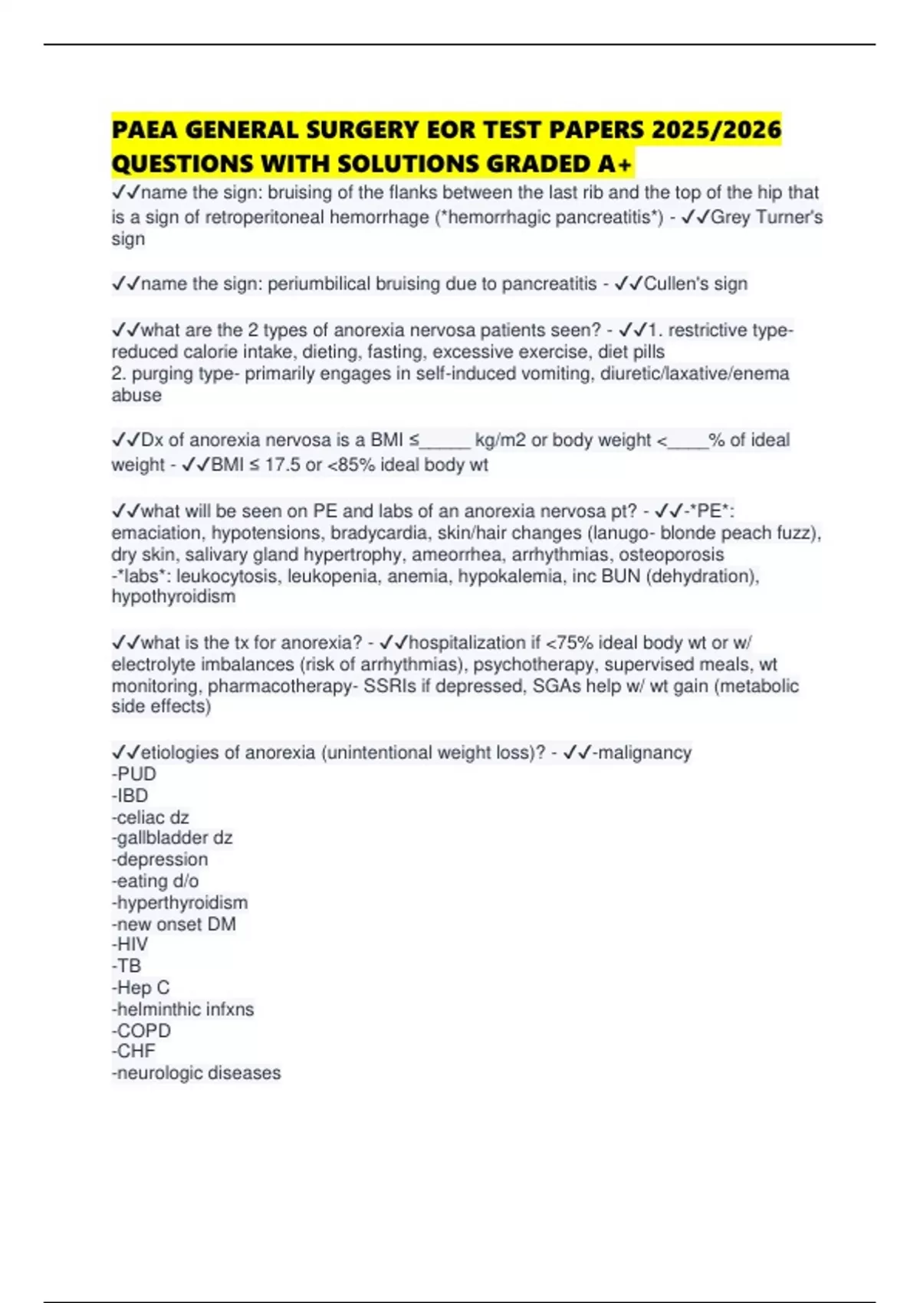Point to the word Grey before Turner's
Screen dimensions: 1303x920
pyautogui.click(x=730, y=217)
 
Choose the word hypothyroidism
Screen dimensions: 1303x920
pyautogui.click(x=173, y=596)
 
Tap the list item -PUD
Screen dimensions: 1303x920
pyautogui.click(x=134, y=774)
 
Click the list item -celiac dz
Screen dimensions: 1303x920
pyautogui.click(x=150, y=817)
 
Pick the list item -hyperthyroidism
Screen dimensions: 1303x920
pyautogui.click(x=179, y=902)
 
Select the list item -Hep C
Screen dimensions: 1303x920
pyautogui.click(x=140, y=987)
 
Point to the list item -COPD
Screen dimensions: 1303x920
pyautogui.click(x=141, y=1030)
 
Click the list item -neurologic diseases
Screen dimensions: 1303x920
pyautogui.click(x=196, y=1073)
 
